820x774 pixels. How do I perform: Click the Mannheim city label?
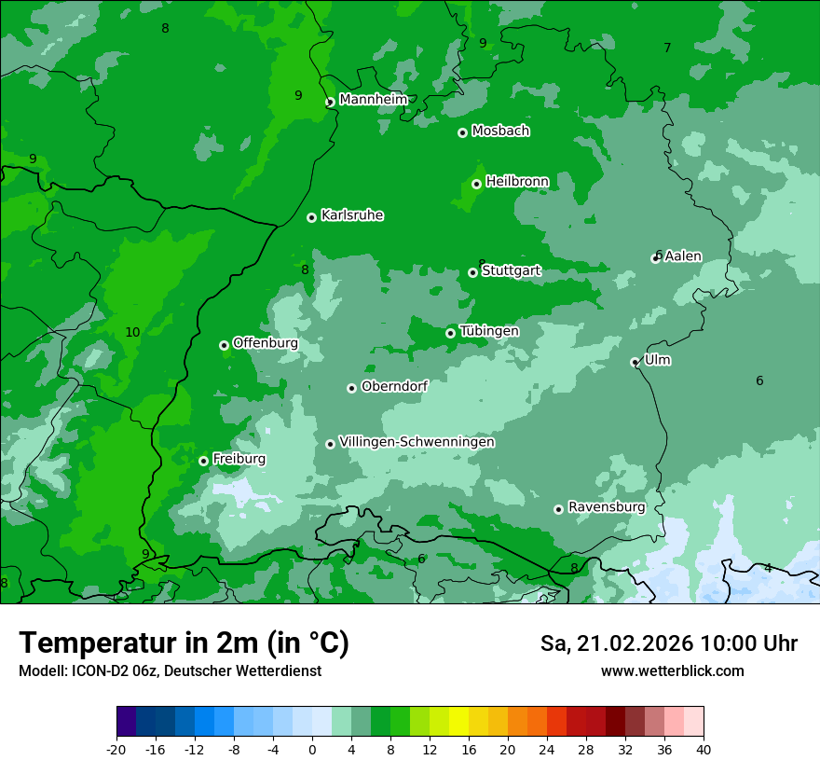click(x=373, y=100)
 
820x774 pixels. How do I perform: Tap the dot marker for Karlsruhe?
click(x=311, y=217)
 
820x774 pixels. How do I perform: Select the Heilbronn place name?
click(x=517, y=181)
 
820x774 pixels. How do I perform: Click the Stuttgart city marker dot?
click(x=472, y=272)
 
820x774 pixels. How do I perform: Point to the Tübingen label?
click(x=489, y=331)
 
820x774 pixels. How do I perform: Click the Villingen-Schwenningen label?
click(x=417, y=442)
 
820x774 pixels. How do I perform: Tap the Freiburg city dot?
click(x=203, y=461)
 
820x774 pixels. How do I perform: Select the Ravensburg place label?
click(x=607, y=507)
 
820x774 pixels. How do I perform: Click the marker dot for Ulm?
click(x=635, y=362)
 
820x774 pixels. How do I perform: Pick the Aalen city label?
click(x=682, y=256)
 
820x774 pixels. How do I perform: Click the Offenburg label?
click(x=266, y=343)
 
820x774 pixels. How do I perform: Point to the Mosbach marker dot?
click(x=462, y=132)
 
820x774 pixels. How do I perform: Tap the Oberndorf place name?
click(x=394, y=386)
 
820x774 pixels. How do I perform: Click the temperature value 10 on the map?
click(x=132, y=332)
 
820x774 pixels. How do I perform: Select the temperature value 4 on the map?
click(x=768, y=568)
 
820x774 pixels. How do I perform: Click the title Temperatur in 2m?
click(x=184, y=643)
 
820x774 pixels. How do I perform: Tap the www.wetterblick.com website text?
click(x=672, y=670)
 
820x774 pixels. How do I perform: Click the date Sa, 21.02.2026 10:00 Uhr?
click(x=668, y=643)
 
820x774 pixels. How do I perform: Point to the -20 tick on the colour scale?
click(x=116, y=749)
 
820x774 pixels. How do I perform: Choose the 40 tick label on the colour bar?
click(x=704, y=749)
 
